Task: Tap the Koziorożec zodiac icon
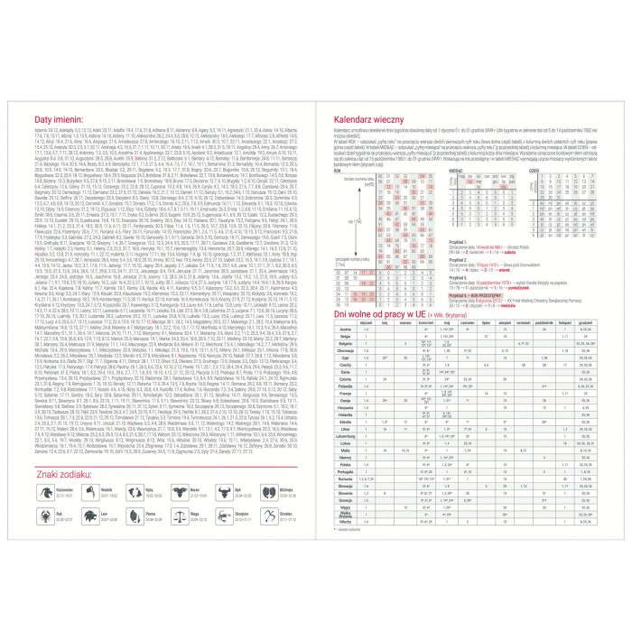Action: tap(44, 492)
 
